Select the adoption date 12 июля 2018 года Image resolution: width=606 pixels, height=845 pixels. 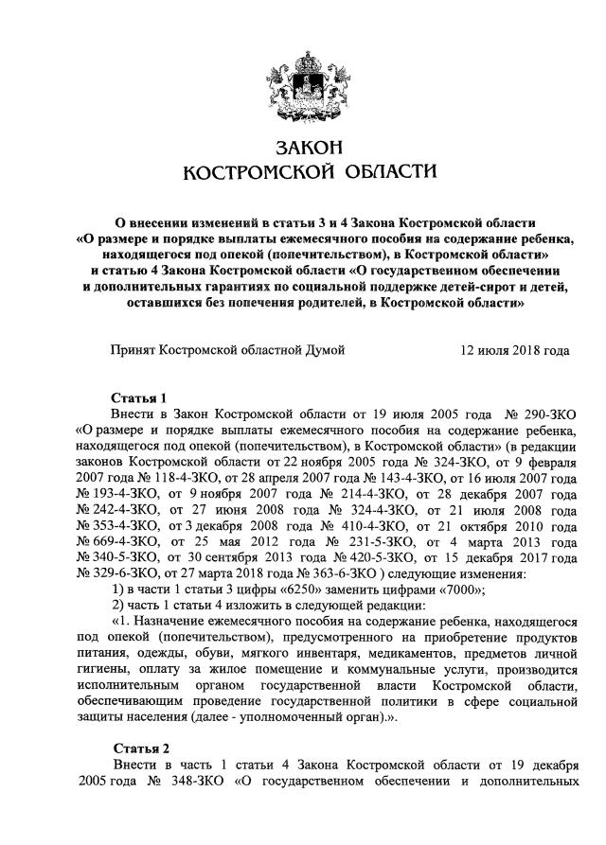[515, 349]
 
